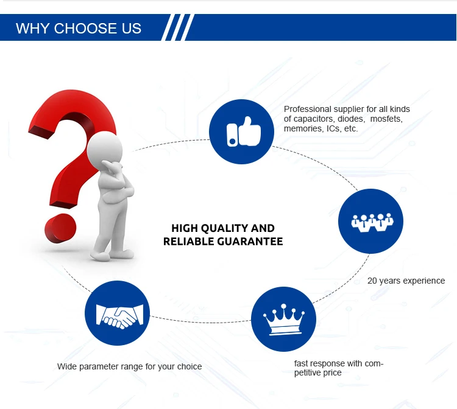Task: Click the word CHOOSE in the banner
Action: (x=81, y=29)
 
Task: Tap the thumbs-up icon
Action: (x=244, y=131)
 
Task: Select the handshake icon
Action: (x=120, y=316)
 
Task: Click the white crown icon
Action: (x=283, y=320)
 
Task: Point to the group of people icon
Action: (x=372, y=222)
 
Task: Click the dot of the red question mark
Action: (x=60, y=228)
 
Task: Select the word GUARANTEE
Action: (x=250, y=242)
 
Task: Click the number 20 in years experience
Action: (x=372, y=281)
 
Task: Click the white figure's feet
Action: (x=112, y=254)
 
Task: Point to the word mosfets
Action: (x=386, y=119)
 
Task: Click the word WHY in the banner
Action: (x=32, y=29)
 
